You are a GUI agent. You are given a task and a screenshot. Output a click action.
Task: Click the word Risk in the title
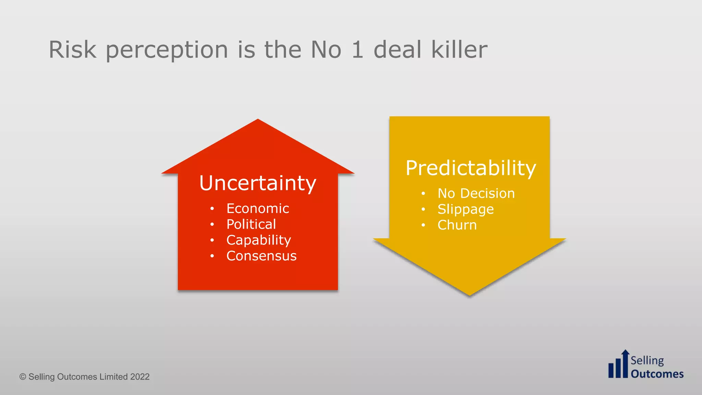pos(72,50)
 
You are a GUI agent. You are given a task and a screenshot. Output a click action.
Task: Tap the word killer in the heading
pos(459,50)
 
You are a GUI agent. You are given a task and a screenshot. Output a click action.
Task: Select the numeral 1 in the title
pos(357,50)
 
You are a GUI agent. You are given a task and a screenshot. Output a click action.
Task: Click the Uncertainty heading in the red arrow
pos(257,183)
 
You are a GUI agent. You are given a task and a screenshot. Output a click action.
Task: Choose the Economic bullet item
pos(257,208)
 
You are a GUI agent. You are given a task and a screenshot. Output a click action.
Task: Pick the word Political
pos(251,224)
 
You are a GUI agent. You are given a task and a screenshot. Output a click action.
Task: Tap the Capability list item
pos(258,240)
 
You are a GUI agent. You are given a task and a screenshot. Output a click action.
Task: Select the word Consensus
pos(261,256)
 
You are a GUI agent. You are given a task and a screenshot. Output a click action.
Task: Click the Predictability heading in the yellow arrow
pos(471,168)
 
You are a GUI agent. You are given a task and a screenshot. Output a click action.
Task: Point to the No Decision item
pos(476,193)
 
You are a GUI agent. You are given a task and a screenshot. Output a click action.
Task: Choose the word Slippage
pos(465,209)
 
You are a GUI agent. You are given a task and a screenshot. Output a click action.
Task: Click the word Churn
pos(457,225)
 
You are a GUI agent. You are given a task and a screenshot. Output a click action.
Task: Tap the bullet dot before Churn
pos(423,225)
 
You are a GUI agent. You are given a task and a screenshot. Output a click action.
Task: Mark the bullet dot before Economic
pos(212,208)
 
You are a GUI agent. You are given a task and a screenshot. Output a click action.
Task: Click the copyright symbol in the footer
pos(23,377)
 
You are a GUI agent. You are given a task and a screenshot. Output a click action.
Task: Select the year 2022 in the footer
pos(140,377)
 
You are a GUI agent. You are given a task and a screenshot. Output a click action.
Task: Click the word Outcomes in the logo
pos(657,374)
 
